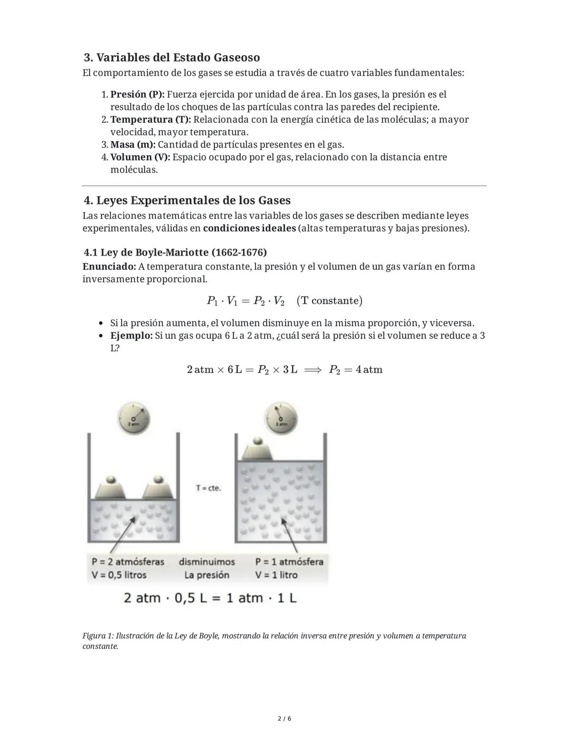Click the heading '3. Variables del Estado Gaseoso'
click(x=172, y=57)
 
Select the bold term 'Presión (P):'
click(x=138, y=95)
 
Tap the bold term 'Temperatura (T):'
click(x=151, y=120)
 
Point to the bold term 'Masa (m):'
click(x=133, y=145)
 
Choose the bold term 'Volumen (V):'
click(x=140, y=158)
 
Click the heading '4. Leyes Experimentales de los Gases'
click(x=187, y=201)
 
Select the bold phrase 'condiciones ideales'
click(x=249, y=229)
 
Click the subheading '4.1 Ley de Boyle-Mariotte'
click(x=175, y=252)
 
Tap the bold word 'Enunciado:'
click(x=109, y=267)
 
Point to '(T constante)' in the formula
click(x=329, y=301)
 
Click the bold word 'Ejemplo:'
click(x=131, y=336)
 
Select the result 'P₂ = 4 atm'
click(x=356, y=370)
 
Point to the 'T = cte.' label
click(x=209, y=488)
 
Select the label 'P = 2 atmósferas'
click(x=128, y=562)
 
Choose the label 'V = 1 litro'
click(x=277, y=575)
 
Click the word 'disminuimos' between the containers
click(x=207, y=562)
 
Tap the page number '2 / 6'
click(x=284, y=719)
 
